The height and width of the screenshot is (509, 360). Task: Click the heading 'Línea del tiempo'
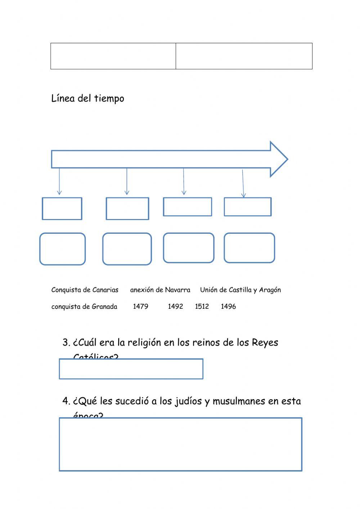[x=87, y=98]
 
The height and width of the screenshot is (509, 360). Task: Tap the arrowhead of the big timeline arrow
[x=279, y=159]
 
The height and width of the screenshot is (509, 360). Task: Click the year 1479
[x=140, y=307]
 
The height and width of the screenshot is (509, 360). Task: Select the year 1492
[x=175, y=307]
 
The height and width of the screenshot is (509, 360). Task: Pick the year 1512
[x=202, y=307]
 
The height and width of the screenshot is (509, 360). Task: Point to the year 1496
[x=228, y=307]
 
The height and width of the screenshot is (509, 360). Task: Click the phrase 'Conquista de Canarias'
[x=85, y=290]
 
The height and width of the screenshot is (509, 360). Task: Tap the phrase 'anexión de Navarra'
[x=160, y=290]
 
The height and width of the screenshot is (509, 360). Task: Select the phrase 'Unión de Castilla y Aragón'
[x=240, y=290]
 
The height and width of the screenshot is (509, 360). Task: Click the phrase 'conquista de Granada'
[x=84, y=307]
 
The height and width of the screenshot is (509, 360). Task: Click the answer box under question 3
[x=131, y=369]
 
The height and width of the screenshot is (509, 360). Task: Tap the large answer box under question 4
[x=180, y=444]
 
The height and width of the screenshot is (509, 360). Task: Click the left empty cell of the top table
[x=113, y=56]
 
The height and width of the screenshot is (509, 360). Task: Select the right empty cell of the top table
[x=244, y=56]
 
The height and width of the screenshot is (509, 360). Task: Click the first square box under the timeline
[x=62, y=209]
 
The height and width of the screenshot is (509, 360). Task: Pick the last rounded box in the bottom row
[x=249, y=248]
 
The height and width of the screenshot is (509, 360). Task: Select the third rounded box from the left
[x=188, y=248]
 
